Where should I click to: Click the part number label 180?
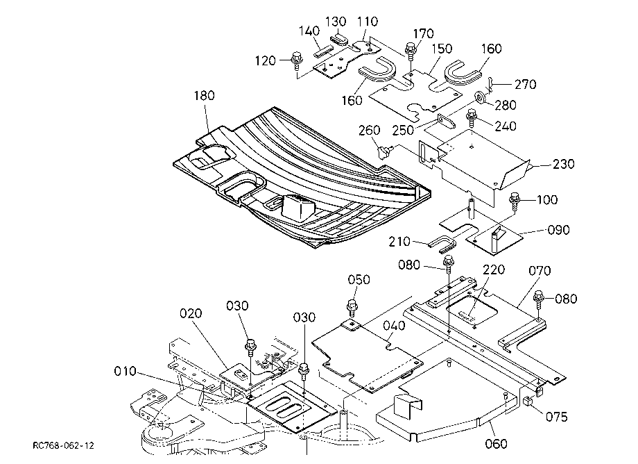point(204,95)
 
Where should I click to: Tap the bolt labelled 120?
point(297,60)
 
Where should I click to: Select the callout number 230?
point(564,164)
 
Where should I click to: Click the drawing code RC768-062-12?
point(64,445)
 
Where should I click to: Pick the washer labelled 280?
point(481,98)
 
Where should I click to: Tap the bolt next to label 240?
point(472,117)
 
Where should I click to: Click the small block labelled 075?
point(528,401)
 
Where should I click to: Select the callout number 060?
point(496,443)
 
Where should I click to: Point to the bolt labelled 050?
point(352,308)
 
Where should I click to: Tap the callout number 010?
point(125,371)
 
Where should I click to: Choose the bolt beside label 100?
point(515,201)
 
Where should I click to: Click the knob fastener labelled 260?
point(384,151)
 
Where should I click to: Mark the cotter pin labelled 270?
point(491,85)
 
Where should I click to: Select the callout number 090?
point(559,230)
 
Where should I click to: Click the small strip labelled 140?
point(322,51)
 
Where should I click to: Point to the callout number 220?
point(494,270)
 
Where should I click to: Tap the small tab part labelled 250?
point(445,121)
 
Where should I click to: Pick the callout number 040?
point(395,326)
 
